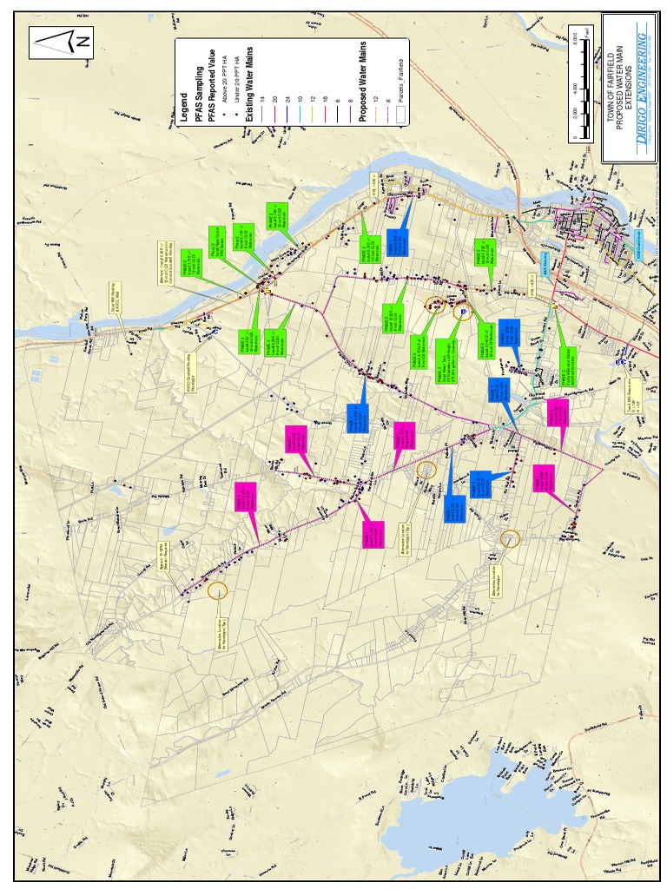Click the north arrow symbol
tap(61, 42)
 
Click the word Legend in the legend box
tap(184, 108)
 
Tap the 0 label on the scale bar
tap(575, 136)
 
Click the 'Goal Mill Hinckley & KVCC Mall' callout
tap(116, 297)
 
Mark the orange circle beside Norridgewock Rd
tap(217, 591)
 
